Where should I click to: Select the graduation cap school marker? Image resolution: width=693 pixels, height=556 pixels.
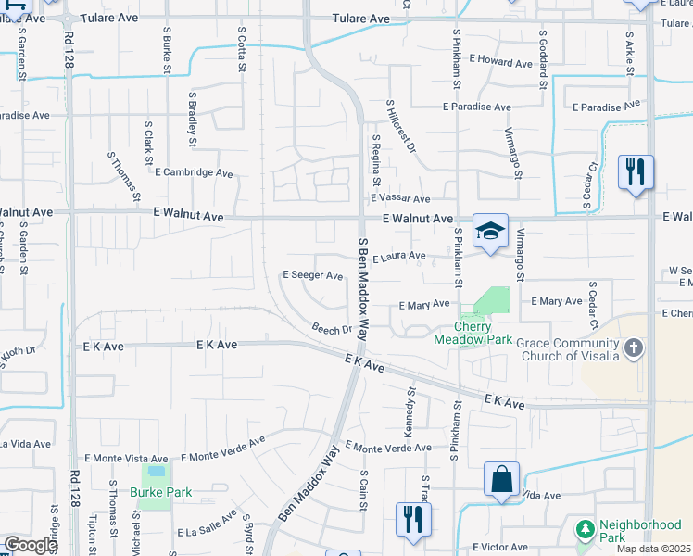click(490, 232)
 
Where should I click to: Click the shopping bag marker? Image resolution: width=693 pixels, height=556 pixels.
click(501, 480)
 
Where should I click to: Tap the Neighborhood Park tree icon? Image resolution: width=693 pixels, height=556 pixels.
click(585, 529)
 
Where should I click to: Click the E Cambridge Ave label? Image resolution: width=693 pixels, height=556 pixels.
click(194, 172)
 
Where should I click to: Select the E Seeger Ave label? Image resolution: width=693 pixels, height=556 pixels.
click(312, 275)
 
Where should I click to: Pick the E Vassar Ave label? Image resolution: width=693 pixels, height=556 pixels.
click(400, 198)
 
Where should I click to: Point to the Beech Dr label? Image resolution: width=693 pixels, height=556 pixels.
click(332, 329)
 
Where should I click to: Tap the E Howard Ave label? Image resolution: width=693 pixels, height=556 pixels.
click(499, 63)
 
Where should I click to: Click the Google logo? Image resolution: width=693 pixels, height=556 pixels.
click(30, 545)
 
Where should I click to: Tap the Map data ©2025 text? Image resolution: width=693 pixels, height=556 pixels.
click(654, 549)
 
